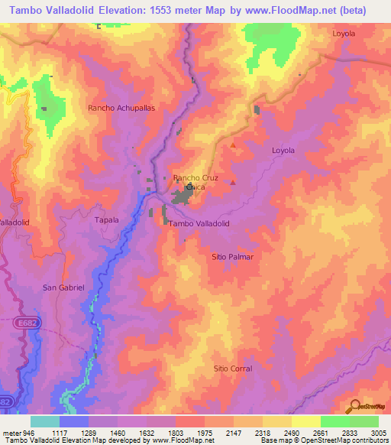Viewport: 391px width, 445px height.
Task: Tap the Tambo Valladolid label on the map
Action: [199, 223]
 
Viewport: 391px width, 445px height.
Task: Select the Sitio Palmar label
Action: [232, 257]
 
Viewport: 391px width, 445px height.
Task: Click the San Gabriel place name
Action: [62, 287]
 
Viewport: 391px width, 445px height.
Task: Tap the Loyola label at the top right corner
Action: [344, 34]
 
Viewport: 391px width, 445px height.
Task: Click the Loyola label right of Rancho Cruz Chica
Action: [283, 151]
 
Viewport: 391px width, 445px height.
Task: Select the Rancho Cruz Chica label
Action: [195, 182]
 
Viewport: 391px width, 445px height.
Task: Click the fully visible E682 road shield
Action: [25, 324]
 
